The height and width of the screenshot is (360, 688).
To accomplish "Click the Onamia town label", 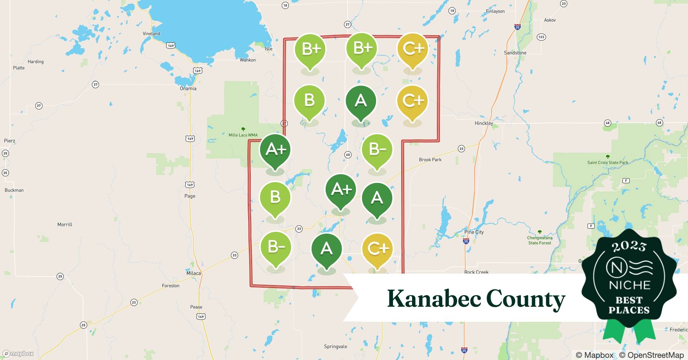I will pos(188,89).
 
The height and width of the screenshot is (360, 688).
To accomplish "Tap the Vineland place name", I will pos(151,33).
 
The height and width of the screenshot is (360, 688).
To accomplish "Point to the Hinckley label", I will pos(484,123).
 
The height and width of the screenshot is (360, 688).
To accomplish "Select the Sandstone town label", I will pos(515,53).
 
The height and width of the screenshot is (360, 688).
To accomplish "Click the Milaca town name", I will pos(193,273).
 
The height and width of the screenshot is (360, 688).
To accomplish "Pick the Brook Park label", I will pos(430,159).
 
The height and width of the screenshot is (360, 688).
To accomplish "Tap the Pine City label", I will pos(474,232).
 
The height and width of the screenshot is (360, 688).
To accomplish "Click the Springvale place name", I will pos(335,347).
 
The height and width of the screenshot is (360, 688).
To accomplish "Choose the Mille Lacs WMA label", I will pos(243,135).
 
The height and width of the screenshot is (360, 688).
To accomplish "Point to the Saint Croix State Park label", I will pos(608,162).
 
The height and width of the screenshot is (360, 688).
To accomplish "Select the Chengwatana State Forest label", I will pos(540,240).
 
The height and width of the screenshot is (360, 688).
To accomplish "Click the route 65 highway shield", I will pos(348,155).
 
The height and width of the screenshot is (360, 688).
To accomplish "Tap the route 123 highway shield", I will pos(541,37).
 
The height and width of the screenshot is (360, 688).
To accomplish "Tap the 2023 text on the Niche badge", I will pos(629,246).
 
